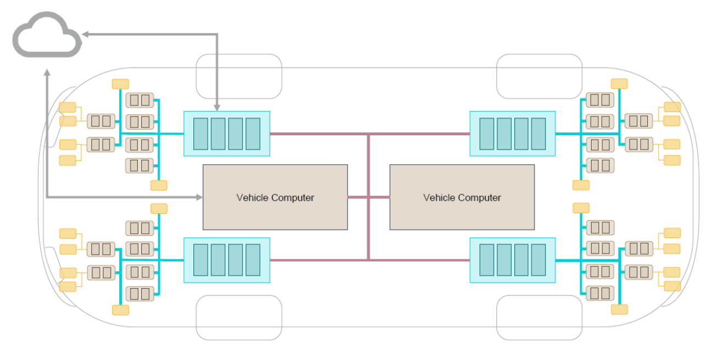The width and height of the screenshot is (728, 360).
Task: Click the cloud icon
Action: [47, 36]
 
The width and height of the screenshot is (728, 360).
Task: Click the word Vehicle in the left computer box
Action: [252, 198]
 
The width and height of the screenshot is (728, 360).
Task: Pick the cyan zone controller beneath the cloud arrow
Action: [226, 134]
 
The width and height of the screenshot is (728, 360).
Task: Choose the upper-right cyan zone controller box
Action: [512, 134]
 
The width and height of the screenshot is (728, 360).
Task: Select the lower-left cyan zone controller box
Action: [226, 260]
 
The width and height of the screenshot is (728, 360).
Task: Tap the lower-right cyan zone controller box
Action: [512, 260]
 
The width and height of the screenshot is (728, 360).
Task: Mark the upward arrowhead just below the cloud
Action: [47, 73]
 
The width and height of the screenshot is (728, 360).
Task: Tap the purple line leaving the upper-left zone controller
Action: [319, 134]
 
